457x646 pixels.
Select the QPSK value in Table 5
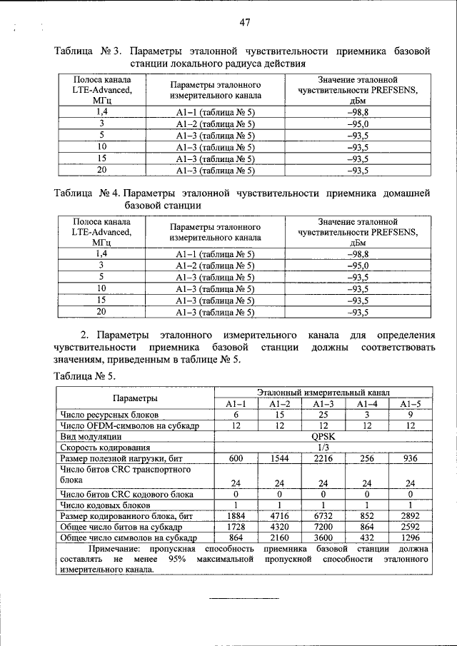323,436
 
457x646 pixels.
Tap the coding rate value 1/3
323,447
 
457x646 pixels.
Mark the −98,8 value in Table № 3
357,113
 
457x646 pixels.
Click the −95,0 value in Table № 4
357,265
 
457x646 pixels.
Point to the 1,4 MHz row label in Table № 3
102,113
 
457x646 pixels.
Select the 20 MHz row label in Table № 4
102,311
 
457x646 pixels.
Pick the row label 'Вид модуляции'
91,436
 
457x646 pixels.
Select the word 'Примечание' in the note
116,549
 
